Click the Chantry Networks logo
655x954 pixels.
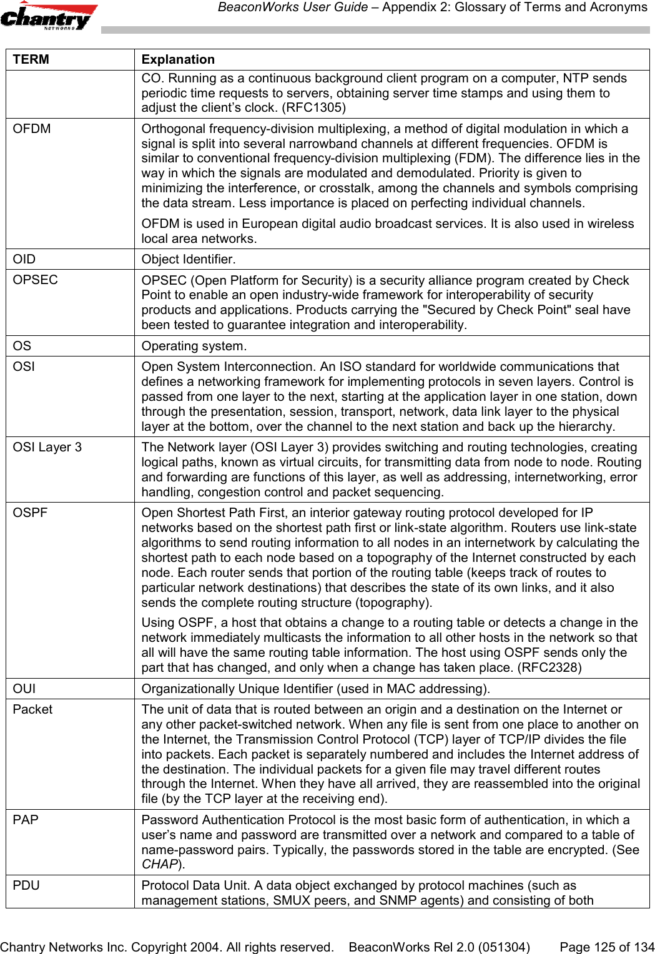point(49,16)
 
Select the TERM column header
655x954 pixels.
point(31,59)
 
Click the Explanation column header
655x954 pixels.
point(178,59)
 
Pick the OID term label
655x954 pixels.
point(24,258)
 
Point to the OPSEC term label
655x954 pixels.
point(36,280)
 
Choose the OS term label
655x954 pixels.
point(22,346)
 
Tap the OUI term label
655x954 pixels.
point(24,689)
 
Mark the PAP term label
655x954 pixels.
point(26,820)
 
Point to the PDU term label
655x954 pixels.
point(26,885)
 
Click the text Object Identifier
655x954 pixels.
point(189,258)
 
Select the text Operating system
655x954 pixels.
point(194,346)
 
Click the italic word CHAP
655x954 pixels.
point(159,864)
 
